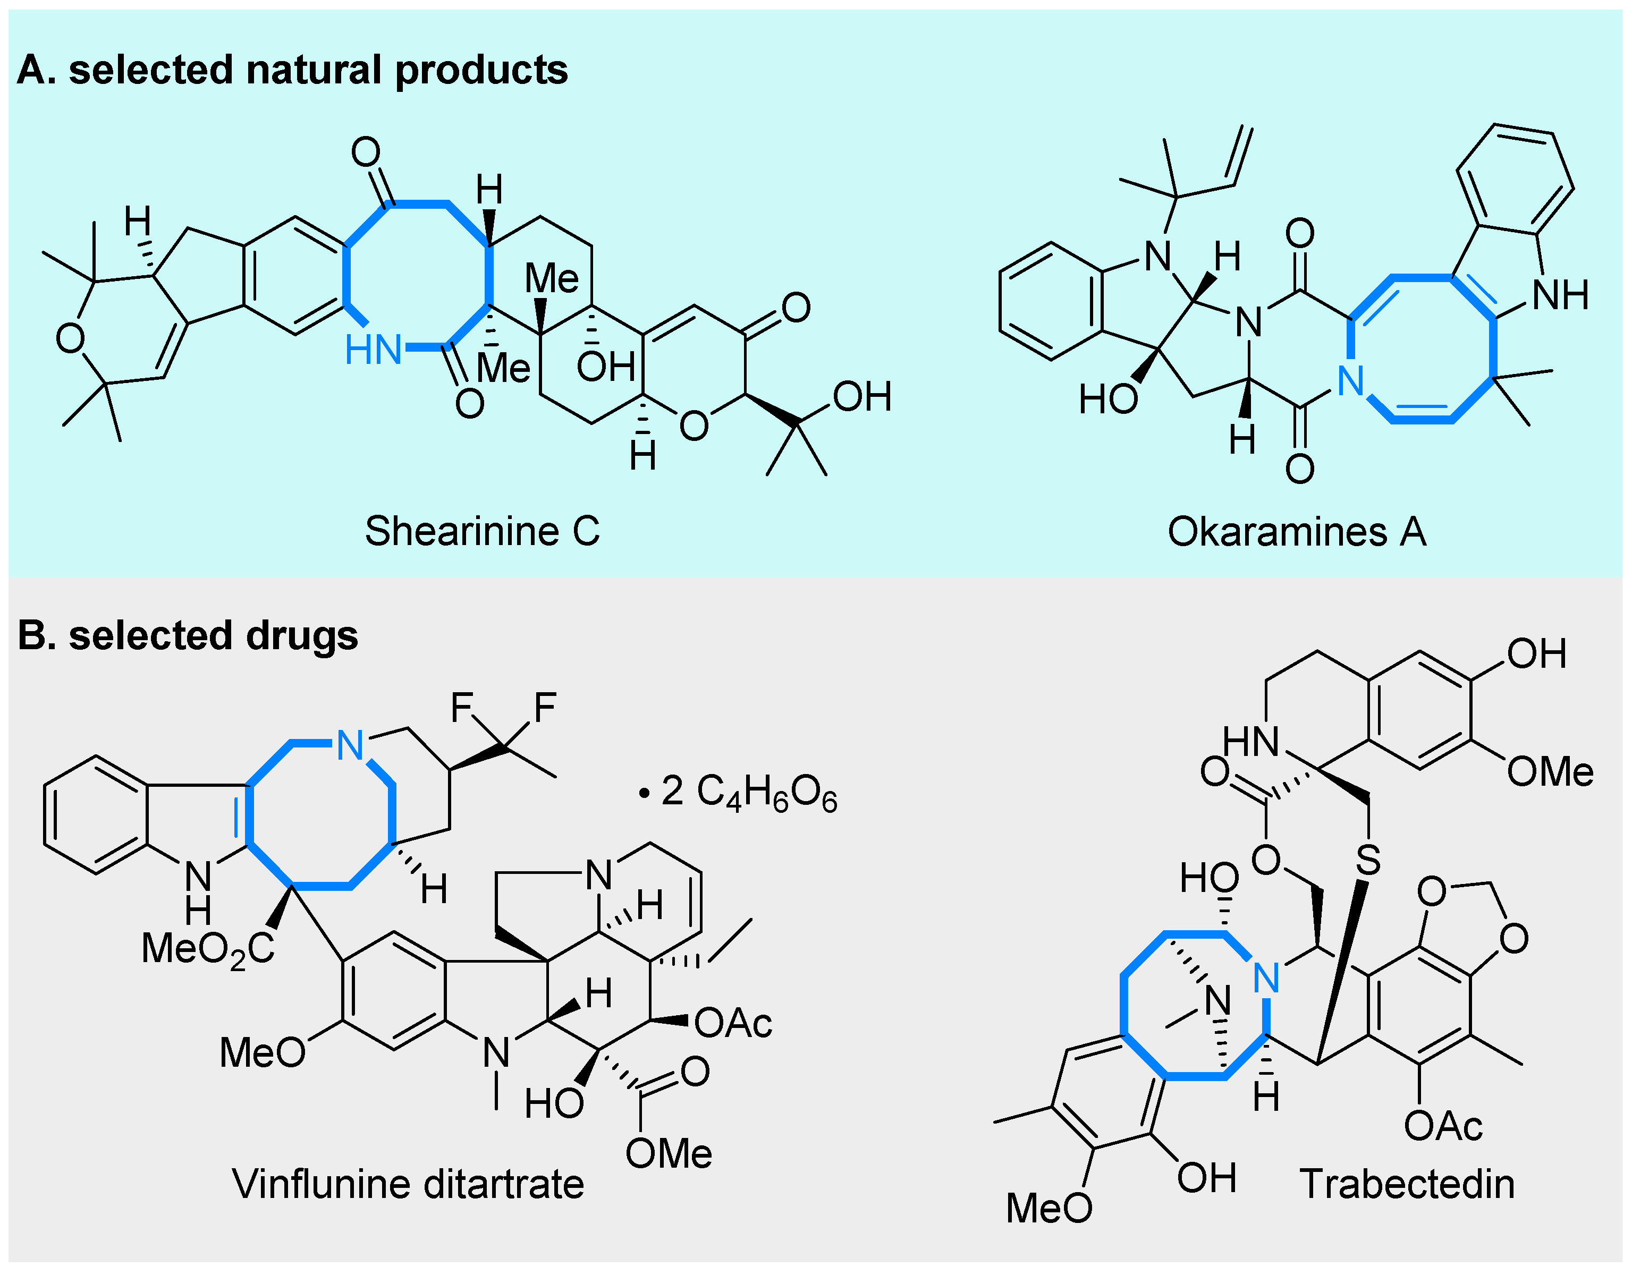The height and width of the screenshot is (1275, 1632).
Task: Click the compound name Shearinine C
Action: pos(482,531)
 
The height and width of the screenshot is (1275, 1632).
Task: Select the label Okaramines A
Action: pos(1297,532)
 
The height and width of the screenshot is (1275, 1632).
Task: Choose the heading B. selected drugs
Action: pos(188,635)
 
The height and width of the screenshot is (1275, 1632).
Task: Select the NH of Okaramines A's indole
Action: pos(1560,296)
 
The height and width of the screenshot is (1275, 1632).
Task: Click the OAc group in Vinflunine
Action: pos(732,1023)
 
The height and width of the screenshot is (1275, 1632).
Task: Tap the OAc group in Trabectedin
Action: pos(1442,1126)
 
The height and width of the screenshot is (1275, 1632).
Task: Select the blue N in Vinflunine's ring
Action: pos(350,745)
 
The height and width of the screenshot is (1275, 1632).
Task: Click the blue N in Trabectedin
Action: pos(1266,977)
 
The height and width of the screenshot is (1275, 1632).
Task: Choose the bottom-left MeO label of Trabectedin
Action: pos(1048,1208)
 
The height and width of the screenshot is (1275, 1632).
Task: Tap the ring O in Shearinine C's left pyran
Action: pos(70,338)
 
